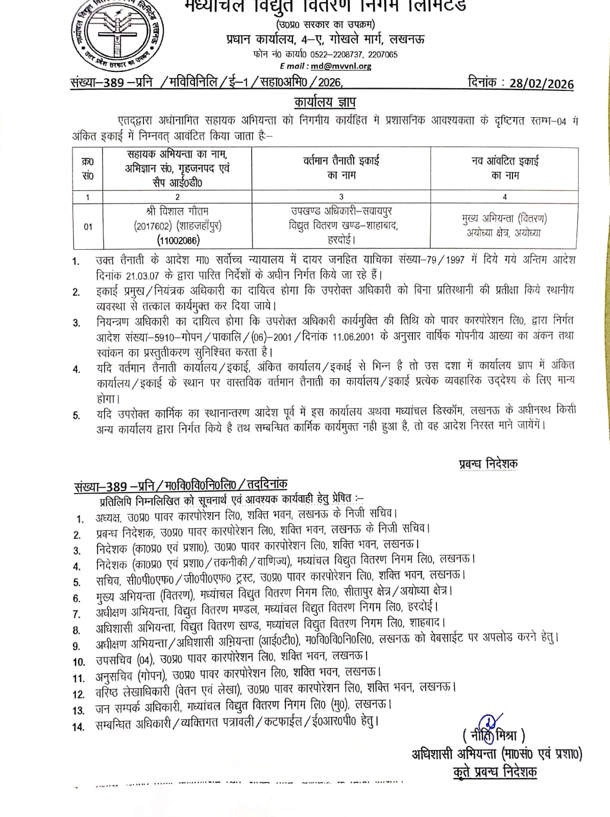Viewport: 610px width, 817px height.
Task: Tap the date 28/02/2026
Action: (541, 84)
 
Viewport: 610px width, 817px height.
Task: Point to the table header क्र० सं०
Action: (87, 169)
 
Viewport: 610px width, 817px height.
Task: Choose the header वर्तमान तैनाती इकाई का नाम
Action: (341, 168)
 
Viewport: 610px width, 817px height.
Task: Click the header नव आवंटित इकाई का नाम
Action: (504, 168)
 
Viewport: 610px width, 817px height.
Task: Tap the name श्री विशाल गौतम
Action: (177, 211)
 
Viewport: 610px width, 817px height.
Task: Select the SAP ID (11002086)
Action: (177, 240)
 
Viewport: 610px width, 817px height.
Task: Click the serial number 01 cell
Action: (88, 226)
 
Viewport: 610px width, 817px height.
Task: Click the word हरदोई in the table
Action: (341, 239)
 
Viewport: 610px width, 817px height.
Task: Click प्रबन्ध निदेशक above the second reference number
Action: (487, 464)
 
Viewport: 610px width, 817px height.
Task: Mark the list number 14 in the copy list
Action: (78, 727)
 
